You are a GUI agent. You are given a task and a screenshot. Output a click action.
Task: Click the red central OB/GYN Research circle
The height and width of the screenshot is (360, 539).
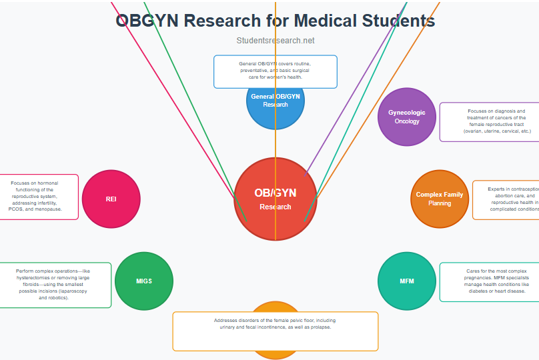coord(275,199)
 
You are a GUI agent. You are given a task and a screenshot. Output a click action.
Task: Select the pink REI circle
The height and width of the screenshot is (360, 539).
coord(111,199)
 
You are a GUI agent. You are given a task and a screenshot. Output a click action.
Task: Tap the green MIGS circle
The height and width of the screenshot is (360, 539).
coord(143,281)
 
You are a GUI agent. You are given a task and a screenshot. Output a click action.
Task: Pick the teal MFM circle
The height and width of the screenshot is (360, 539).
coord(406,281)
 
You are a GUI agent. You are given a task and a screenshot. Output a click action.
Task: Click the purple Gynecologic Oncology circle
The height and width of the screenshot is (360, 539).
coord(406,117)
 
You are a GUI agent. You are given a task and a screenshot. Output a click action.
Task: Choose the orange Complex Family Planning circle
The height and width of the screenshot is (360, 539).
coord(439,199)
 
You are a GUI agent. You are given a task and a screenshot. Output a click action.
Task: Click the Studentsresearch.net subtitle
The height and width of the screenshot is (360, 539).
coord(275,41)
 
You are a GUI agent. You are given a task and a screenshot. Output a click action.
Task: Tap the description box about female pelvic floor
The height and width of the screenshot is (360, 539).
coord(275,331)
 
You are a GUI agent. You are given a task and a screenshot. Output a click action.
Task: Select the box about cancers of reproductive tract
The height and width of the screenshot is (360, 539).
coord(490,121)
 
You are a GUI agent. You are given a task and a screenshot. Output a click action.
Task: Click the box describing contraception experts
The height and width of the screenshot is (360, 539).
coord(507,199)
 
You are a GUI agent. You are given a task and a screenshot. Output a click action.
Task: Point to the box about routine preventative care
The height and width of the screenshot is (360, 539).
coord(275,71)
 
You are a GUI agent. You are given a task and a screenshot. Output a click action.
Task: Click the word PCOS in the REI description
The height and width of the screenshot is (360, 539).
coord(15,209)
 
